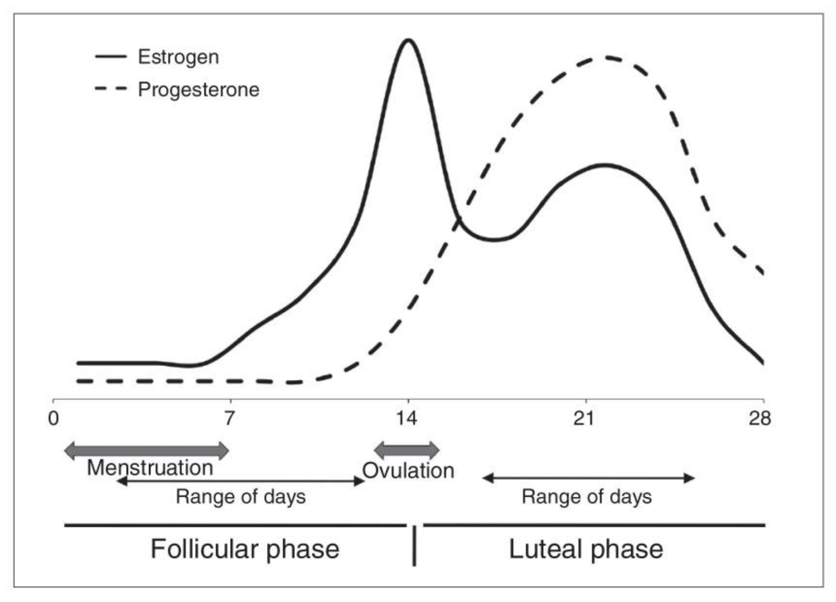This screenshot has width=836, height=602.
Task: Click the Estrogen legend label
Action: pyautogui.click(x=178, y=57)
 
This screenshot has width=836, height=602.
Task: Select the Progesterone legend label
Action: pyautogui.click(x=198, y=89)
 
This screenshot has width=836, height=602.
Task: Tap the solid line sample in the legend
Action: pyautogui.click(x=110, y=57)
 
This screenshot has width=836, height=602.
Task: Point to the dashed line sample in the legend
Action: pyautogui.click(x=110, y=89)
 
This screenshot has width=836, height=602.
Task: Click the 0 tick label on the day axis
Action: pyautogui.click(x=53, y=418)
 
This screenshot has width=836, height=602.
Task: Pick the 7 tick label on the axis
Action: pyautogui.click(x=229, y=418)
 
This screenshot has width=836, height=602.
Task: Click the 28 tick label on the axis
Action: pyautogui.click(x=760, y=418)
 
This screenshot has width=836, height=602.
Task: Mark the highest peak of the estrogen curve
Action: pyautogui.click(x=408, y=40)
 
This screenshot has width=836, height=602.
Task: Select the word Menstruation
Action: pyautogui.click(x=150, y=468)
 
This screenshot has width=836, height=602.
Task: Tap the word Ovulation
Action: pyautogui.click(x=408, y=471)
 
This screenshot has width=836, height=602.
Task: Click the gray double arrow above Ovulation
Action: pyautogui.click(x=407, y=450)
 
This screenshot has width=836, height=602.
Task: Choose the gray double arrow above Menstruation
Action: pyautogui.click(x=146, y=451)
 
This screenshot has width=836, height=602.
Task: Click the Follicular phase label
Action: pyautogui.click(x=244, y=549)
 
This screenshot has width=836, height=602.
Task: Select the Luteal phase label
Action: pyautogui.click(x=586, y=549)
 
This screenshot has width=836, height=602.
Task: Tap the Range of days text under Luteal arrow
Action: pyautogui.click(x=587, y=497)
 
